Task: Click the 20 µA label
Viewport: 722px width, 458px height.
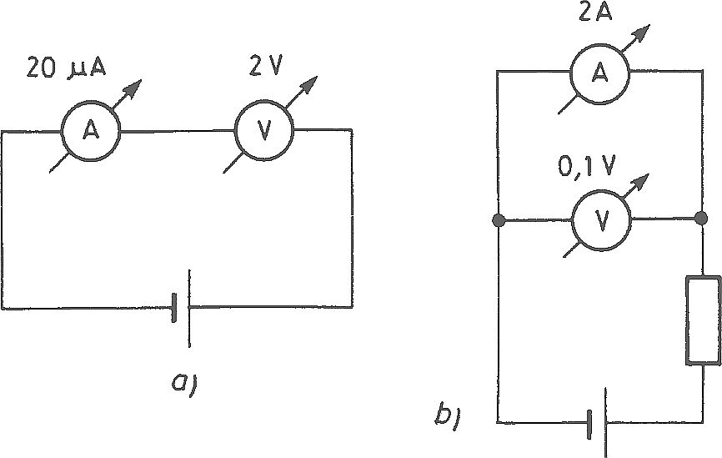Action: pos(67,68)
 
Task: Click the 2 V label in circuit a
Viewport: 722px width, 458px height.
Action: pos(265,67)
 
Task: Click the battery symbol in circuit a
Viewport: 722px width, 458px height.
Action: pos(181,308)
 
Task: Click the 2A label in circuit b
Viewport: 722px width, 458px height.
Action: pos(596,13)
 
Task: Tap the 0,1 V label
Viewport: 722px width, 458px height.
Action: pos(586,166)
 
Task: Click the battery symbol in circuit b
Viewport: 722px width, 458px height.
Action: pos(597,421)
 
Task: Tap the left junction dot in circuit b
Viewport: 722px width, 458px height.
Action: pos(499,221)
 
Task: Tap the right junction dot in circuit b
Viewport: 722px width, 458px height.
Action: pos(701,218)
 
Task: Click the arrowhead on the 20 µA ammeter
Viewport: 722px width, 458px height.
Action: pos(133,88)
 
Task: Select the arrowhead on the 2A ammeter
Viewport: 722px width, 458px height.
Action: pos(640,33)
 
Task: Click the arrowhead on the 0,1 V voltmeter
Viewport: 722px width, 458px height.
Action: pos(640,183)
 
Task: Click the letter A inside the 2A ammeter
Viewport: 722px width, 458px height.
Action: pos(599,73)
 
